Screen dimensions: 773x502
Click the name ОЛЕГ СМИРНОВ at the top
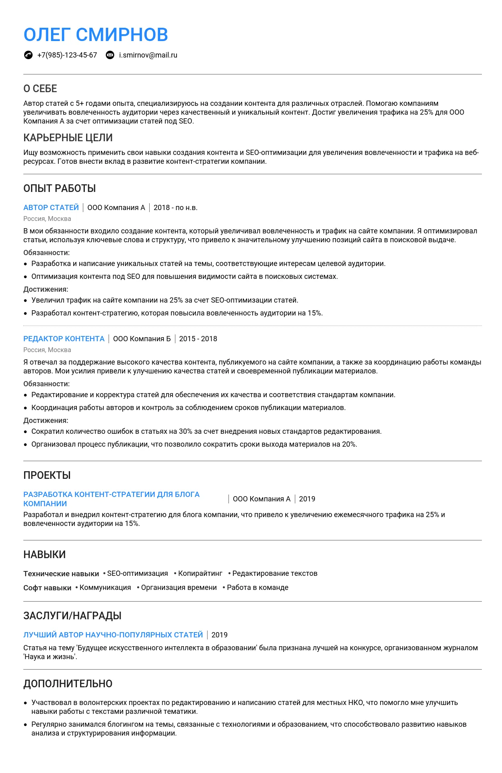96,35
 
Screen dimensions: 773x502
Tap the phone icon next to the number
28,55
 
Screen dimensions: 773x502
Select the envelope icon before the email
110,55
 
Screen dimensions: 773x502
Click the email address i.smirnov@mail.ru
148,55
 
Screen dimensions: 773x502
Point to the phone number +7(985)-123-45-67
67,55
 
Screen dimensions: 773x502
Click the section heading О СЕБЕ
40,89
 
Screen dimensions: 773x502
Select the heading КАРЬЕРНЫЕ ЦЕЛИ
68,138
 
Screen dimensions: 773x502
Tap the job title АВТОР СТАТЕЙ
51,208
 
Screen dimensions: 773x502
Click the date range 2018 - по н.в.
175,208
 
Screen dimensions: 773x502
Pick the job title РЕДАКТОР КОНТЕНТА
64,339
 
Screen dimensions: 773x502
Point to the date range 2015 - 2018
198,339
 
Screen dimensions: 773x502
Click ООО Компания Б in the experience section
142,339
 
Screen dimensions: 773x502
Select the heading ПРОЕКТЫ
47,475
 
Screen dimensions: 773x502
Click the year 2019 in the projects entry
307,499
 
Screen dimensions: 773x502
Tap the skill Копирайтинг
200,573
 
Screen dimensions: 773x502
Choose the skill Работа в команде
257,587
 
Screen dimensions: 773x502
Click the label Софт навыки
47,588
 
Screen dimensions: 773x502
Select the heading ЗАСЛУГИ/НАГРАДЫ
72,616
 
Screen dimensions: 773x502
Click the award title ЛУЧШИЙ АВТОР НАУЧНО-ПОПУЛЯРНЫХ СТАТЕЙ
113,635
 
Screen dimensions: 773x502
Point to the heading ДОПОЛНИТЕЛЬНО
68,684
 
